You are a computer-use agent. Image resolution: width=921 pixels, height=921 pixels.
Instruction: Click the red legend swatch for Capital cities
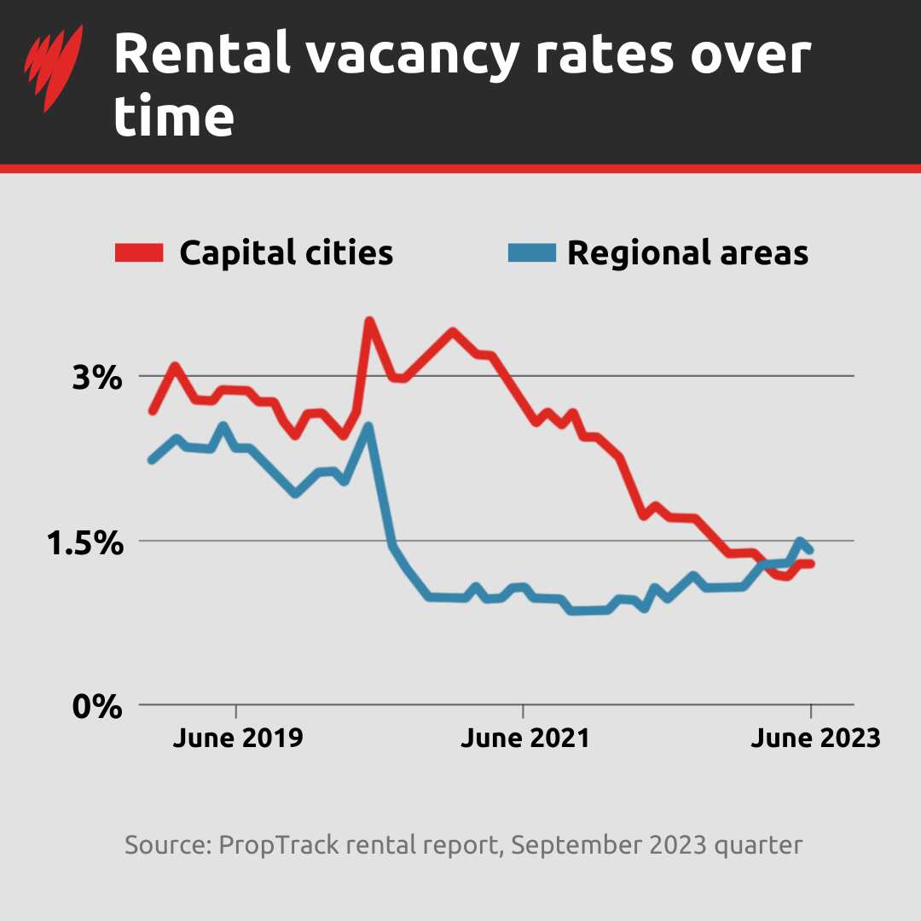[139, 252]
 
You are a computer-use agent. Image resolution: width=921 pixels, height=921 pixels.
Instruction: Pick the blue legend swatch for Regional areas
[531, 252]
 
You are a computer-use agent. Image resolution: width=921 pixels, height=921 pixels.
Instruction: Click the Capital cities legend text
[286, 253]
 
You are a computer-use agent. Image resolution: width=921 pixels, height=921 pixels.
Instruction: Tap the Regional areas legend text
[687, 253]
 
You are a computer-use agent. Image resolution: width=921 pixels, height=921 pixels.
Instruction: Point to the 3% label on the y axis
[97, 377]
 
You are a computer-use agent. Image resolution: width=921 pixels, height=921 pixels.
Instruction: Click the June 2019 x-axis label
[237, 738]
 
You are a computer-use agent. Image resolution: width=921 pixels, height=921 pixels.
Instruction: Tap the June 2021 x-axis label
[524, 738]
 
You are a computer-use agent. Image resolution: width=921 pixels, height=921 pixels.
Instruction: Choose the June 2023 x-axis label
[814, 738]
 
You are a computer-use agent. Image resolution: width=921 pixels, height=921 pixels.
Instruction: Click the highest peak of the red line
[369, 321]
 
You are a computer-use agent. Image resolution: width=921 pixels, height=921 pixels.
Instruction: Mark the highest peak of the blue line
[368, 426]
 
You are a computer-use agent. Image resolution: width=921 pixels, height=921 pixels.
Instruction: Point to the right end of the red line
[811, 564]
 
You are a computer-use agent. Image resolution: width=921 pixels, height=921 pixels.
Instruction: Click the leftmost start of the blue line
[152, 460]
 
